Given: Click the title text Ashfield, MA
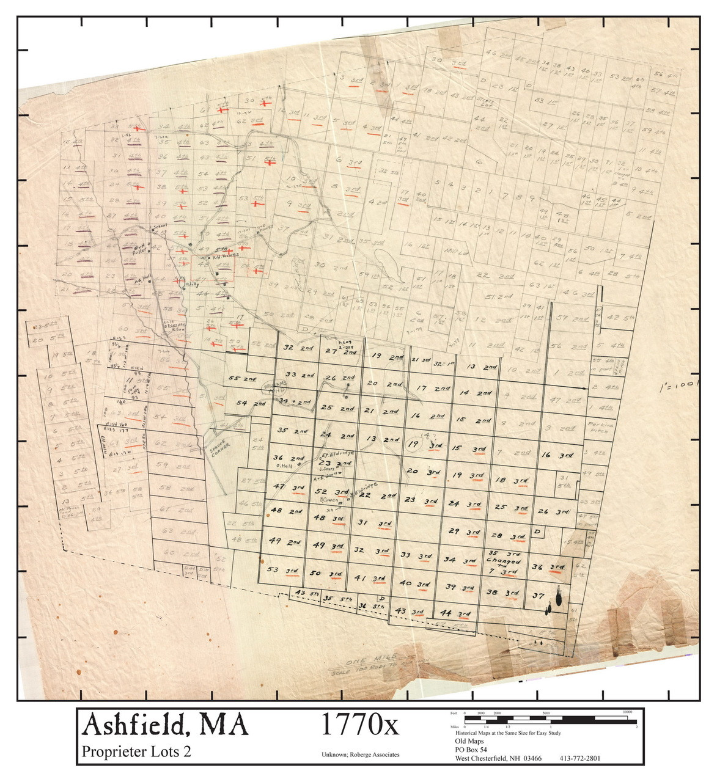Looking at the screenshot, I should click(165, 725).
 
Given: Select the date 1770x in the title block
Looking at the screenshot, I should click(359, 725).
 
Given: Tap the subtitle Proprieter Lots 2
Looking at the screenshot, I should click(136, 751).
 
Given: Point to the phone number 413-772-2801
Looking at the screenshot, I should click(579, 759).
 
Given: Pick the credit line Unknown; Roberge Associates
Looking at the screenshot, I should click(360, 755).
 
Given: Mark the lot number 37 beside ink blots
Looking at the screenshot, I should click(538, 595).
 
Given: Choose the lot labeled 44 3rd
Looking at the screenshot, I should click(455, 613).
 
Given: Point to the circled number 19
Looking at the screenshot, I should click(414, 445).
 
